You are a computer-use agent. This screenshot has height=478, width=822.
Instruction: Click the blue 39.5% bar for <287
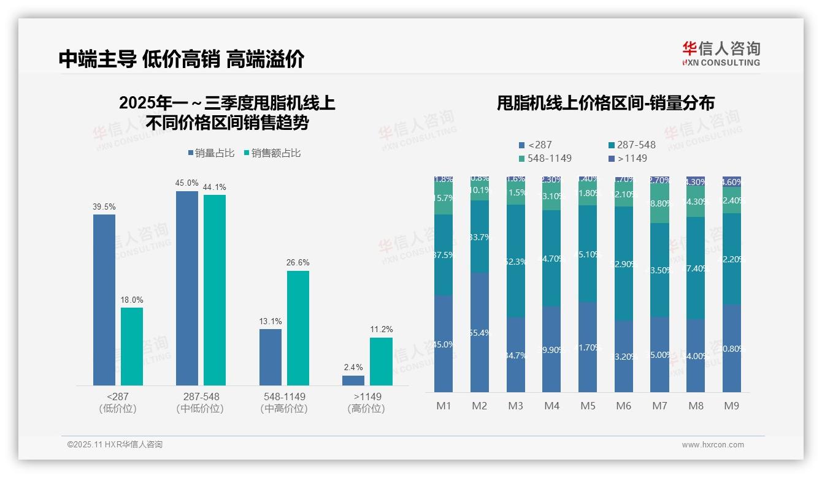(x=104, y=300)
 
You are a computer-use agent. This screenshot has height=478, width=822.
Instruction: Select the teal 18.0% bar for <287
(x=132, y=346)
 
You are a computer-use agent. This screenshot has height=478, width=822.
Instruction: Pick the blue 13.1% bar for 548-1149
(x=271, y=357)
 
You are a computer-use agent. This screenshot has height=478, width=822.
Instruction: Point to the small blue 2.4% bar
(x=353, y=381)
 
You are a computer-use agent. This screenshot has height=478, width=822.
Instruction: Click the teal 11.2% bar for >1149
(x=381, y=362)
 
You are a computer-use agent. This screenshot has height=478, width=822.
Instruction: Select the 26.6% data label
(x=298, y=263)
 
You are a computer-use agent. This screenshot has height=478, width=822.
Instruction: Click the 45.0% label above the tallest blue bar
(x=186, y=183)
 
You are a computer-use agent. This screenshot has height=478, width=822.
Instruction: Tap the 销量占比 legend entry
(x=211, y=153)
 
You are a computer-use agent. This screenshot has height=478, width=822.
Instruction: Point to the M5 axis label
(x=588, y=406)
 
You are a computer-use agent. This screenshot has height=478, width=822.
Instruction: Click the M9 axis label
(x=731, y=406)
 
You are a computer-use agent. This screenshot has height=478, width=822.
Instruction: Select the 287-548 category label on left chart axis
(x=201, y=396)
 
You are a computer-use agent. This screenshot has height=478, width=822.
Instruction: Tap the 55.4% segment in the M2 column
(x=480, y=332)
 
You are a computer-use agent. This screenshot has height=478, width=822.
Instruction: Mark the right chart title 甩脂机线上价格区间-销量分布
(x=605, y=103)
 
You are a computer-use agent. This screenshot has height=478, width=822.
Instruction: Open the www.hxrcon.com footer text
(x=713, y=445)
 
